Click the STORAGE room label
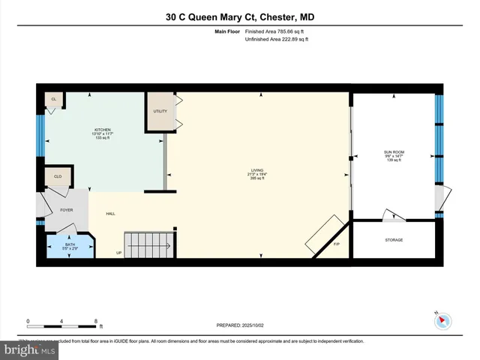tap(394, 240)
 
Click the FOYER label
tap(67, 210)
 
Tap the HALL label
tap(110, 214)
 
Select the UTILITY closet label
tap(160, 111)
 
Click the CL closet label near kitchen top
tap(54, 99)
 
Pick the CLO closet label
tap(58, 177)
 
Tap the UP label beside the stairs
tap(118, 252)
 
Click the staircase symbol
tap(149, 244)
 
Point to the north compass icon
tap(443, 321)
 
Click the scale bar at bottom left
tap(64, 325)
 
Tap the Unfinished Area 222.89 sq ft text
tap(275, 40)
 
